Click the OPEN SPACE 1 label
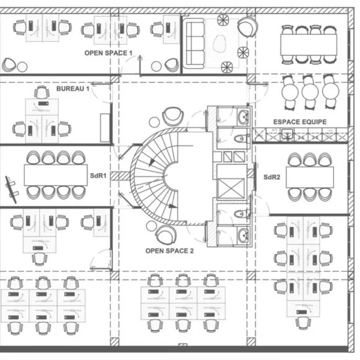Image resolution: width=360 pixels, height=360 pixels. pos(108,53)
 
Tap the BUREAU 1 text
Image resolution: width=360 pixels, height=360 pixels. pos(72,89)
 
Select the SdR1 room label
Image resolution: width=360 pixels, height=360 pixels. pos(99,176)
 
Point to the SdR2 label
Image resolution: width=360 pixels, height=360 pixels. pos(272,177)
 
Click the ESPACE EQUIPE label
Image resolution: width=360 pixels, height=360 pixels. pos(300,122)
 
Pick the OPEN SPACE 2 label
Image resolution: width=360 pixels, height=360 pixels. pos(169,251)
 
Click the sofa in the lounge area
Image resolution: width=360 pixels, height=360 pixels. pos(195,43)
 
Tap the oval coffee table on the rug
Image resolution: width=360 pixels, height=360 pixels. pos(220,43)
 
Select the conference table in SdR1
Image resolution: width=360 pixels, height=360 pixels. pos(56,175)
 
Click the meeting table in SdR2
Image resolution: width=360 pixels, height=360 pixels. pos(310,177)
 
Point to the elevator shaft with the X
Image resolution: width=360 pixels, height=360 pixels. pos(231,188)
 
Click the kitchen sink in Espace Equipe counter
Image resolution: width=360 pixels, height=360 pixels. pos(288,134)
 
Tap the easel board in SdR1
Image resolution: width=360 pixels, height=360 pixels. pos(11,190)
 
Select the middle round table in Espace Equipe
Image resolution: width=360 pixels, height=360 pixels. pos(310,92)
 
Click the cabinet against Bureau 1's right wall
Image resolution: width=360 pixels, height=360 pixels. pos(105,128)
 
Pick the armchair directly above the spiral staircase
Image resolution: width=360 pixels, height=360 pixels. pos(173,116)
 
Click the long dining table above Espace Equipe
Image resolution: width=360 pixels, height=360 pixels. pos(309,45)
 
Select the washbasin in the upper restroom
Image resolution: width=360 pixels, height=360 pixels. pos(244,116)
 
